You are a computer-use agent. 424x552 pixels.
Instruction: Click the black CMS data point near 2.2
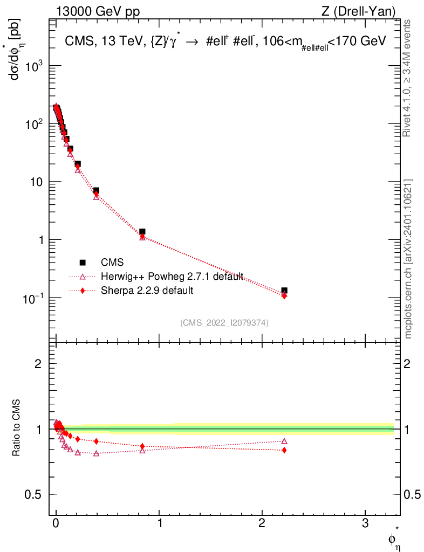click(x=284, y=291)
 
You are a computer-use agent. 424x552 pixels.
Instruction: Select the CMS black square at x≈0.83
click(x=142, y=231)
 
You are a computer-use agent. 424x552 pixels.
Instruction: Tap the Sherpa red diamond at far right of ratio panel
click(x=284, y=450)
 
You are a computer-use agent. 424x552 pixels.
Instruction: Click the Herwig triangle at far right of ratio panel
click(x=284, y=441)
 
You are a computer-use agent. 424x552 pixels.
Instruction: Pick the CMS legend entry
click(x=112, y=263)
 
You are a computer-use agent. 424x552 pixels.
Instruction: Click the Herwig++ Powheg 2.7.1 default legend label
click(x=172, y=277)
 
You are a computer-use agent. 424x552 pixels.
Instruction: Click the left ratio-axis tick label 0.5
click(x=38, y=495)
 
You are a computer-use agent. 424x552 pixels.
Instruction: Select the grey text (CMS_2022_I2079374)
click(x=224, y=322)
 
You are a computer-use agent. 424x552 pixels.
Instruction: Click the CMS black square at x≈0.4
click(x=96, y=190)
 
